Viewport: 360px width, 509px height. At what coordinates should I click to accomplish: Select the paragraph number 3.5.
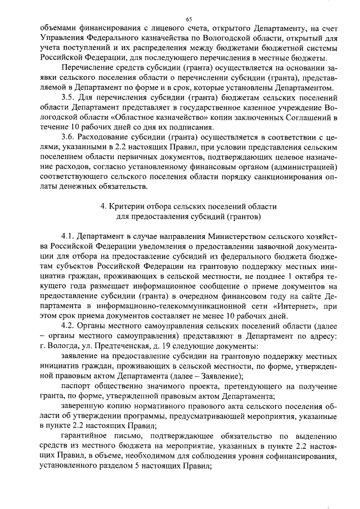click(x=69, y=97)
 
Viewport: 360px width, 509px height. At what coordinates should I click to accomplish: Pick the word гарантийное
click(x=88, y=436)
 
